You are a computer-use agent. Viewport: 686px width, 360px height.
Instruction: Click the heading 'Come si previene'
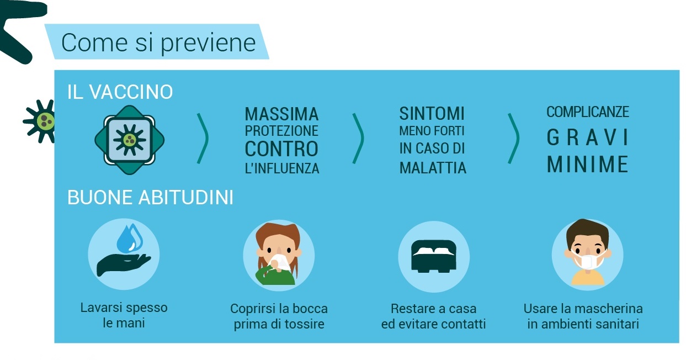click(x=158, y=43)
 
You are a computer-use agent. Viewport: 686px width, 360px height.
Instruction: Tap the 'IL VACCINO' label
click(x=120, y=92)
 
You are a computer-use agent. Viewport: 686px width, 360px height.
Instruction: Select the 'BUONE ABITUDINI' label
click(x=150, y=197)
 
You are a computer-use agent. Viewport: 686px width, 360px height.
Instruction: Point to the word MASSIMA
click(x=282, y=114)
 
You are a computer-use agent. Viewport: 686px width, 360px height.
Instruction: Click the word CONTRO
click(x=281, y=149)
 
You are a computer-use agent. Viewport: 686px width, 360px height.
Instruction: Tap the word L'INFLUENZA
click(x=282, y=168)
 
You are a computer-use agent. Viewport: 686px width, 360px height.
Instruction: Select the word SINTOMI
click(x=432, y=114)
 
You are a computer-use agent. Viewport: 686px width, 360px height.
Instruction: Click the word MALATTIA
click(x=433, y=168)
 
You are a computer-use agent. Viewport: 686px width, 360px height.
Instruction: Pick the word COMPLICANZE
click(x=588, y=112)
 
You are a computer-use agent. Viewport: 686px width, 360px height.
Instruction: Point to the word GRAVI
click(x=588, y=137)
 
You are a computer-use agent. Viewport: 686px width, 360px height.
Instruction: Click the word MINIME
click(x=588, y=164)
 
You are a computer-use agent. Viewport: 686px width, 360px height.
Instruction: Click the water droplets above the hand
click(x=130, y=239)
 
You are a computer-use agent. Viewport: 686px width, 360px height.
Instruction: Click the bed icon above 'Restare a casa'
click(x=434, y=256)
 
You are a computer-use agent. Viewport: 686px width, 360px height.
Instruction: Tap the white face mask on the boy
click(x=588, y=261)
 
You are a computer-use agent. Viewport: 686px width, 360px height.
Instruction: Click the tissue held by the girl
click(x=279, y=261)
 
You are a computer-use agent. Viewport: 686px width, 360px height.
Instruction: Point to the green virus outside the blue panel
click(x=40, y=121)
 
